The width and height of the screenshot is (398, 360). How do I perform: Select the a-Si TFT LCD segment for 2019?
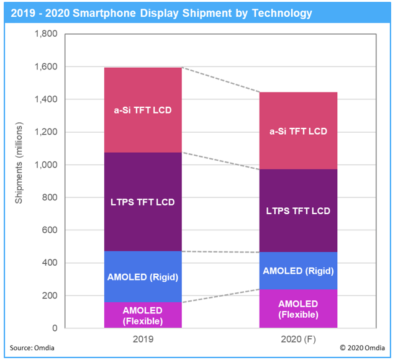pyautogui.click(x=143, y=110)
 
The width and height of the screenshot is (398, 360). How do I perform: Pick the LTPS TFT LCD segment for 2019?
pyautogui.click(x=143, y=202)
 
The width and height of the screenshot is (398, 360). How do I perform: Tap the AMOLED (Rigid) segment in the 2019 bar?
pyautogui.click(x=143, y=277)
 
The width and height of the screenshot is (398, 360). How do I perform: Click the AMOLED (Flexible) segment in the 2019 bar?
pyautogui.click(x=143, y=315)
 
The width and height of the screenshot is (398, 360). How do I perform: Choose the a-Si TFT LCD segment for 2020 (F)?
pyautogui.click(x=298, y=131)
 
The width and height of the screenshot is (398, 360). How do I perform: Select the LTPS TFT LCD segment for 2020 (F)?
pyautogui.click(x=298, y=210)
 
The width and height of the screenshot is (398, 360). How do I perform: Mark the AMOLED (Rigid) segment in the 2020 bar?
pyautogui.click(x=298, y=271)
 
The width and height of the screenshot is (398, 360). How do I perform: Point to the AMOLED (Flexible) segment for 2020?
pyautogui.click(x=298, y=308)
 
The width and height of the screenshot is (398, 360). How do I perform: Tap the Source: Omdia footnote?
pyautogui.click(x=32, y=348)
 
